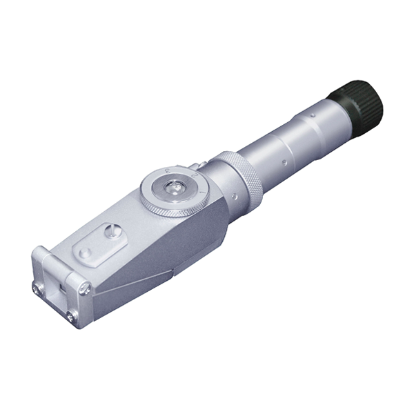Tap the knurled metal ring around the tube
click(x=240, y=178)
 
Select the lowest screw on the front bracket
click(x=71, y=317)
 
